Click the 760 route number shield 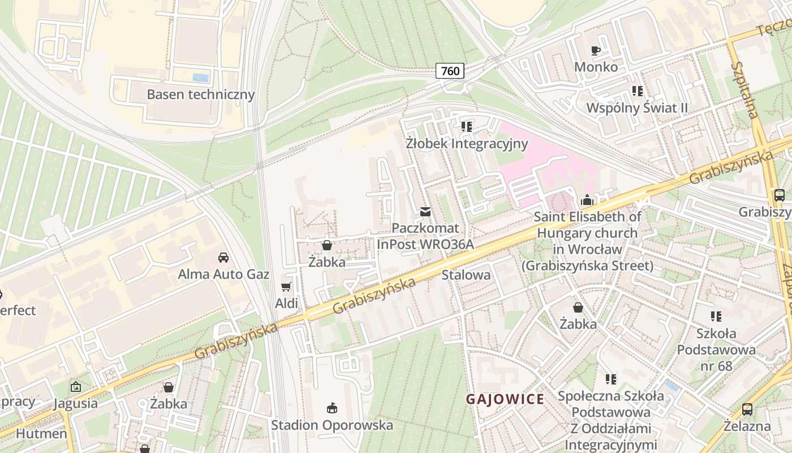tap(450, 71)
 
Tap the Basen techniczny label tap(201, 94)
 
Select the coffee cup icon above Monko tap(596, 50)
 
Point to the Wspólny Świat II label tap(637, 108)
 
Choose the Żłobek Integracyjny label tap(467, 143)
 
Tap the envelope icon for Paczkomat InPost tap(425, 212)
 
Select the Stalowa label tap(466, 275)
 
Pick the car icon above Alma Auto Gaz tap(223, 257)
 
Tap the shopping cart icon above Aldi tap(286, 287)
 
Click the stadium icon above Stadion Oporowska tap(332, 408)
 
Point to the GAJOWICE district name tap(505, 399)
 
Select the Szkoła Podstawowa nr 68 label tap(716, 349)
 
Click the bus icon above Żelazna tap(747, 409)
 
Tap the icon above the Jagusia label tap(75, 387)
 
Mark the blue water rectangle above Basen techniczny tap(200, 78)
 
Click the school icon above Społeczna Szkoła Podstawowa tap(610, 379)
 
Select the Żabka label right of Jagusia tap(169, 404)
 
